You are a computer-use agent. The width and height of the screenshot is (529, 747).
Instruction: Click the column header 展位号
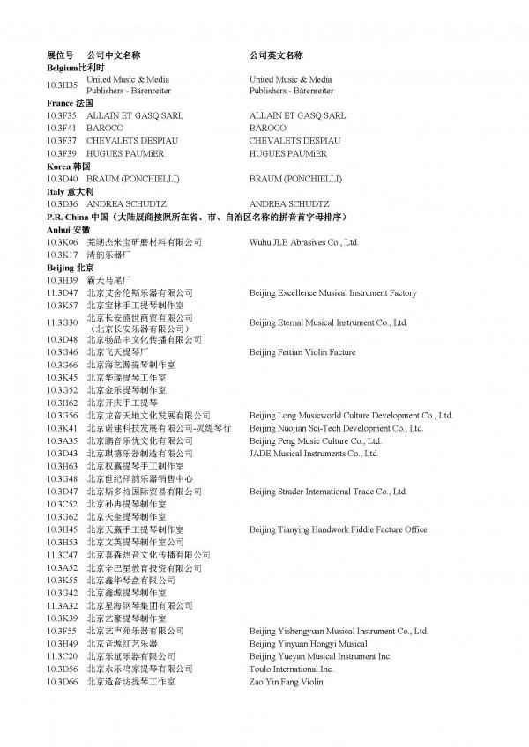click(60, 55)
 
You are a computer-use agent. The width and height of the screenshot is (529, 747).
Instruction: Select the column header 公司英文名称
click(276, 55)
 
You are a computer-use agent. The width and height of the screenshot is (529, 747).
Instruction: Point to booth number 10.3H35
click(62, 85)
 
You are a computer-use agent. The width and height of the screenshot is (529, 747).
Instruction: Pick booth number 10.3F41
click(62, 128)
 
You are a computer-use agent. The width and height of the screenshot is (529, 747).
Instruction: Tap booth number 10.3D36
click(62, 203)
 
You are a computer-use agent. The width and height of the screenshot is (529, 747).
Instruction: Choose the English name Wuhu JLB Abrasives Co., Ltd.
click(303, 241)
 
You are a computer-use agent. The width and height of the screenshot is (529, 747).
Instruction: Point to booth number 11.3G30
click(62, 322)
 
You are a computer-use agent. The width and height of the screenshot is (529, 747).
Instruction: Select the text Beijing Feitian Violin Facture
click(302, 351)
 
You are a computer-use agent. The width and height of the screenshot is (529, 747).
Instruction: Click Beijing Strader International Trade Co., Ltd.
click(328, 492)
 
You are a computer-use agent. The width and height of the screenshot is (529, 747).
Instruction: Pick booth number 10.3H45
click(62, 529)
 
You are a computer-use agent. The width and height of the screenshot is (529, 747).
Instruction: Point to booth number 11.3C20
click(62, 656)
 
